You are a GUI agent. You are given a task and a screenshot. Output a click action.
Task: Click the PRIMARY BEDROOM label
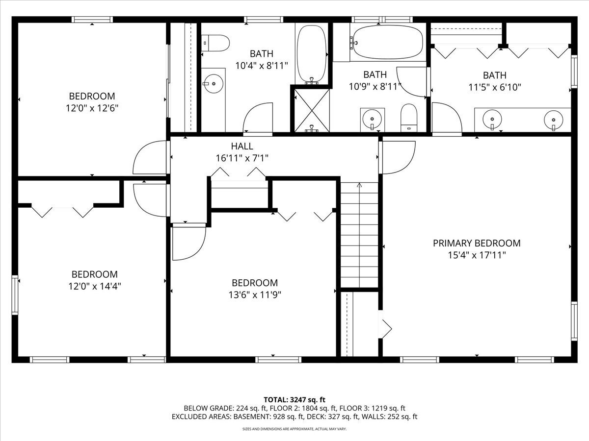[x=477, y=243]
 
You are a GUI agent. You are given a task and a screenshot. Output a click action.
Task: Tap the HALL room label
[x=242, y=146]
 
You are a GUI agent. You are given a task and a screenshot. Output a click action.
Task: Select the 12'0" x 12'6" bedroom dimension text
[x=92, y=108]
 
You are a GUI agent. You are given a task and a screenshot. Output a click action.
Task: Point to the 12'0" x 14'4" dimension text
[x=94, y=286]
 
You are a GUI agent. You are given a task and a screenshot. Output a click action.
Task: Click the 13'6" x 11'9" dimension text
[x=255, y=295]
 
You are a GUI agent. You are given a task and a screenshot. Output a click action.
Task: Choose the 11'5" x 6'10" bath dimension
[x=495, y=87]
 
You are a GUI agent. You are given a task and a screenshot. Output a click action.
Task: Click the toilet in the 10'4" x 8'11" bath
[x=215, y=43]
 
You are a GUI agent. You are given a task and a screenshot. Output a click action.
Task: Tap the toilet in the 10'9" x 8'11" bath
[x=409, y=118]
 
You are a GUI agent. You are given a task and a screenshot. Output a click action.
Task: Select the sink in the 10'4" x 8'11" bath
[x=213, y=83]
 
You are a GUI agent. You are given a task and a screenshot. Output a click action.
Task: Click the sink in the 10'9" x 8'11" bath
[x=372, y=120]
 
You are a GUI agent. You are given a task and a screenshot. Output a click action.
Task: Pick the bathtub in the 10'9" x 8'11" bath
[x=388, y=42]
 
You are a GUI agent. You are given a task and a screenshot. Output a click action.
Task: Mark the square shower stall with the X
[x=312, y=110]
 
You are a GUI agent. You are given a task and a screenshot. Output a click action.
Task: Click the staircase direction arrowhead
[x=359, y=185]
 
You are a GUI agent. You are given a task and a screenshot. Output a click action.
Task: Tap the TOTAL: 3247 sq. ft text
[x=294, y=400]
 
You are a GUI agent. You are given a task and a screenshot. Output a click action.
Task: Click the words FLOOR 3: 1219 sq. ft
[x=372, y=408]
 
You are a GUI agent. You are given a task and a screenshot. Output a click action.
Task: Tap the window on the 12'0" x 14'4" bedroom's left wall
[x=15, y=295]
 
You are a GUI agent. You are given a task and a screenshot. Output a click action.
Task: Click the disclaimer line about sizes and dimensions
[x=294, y=429]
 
